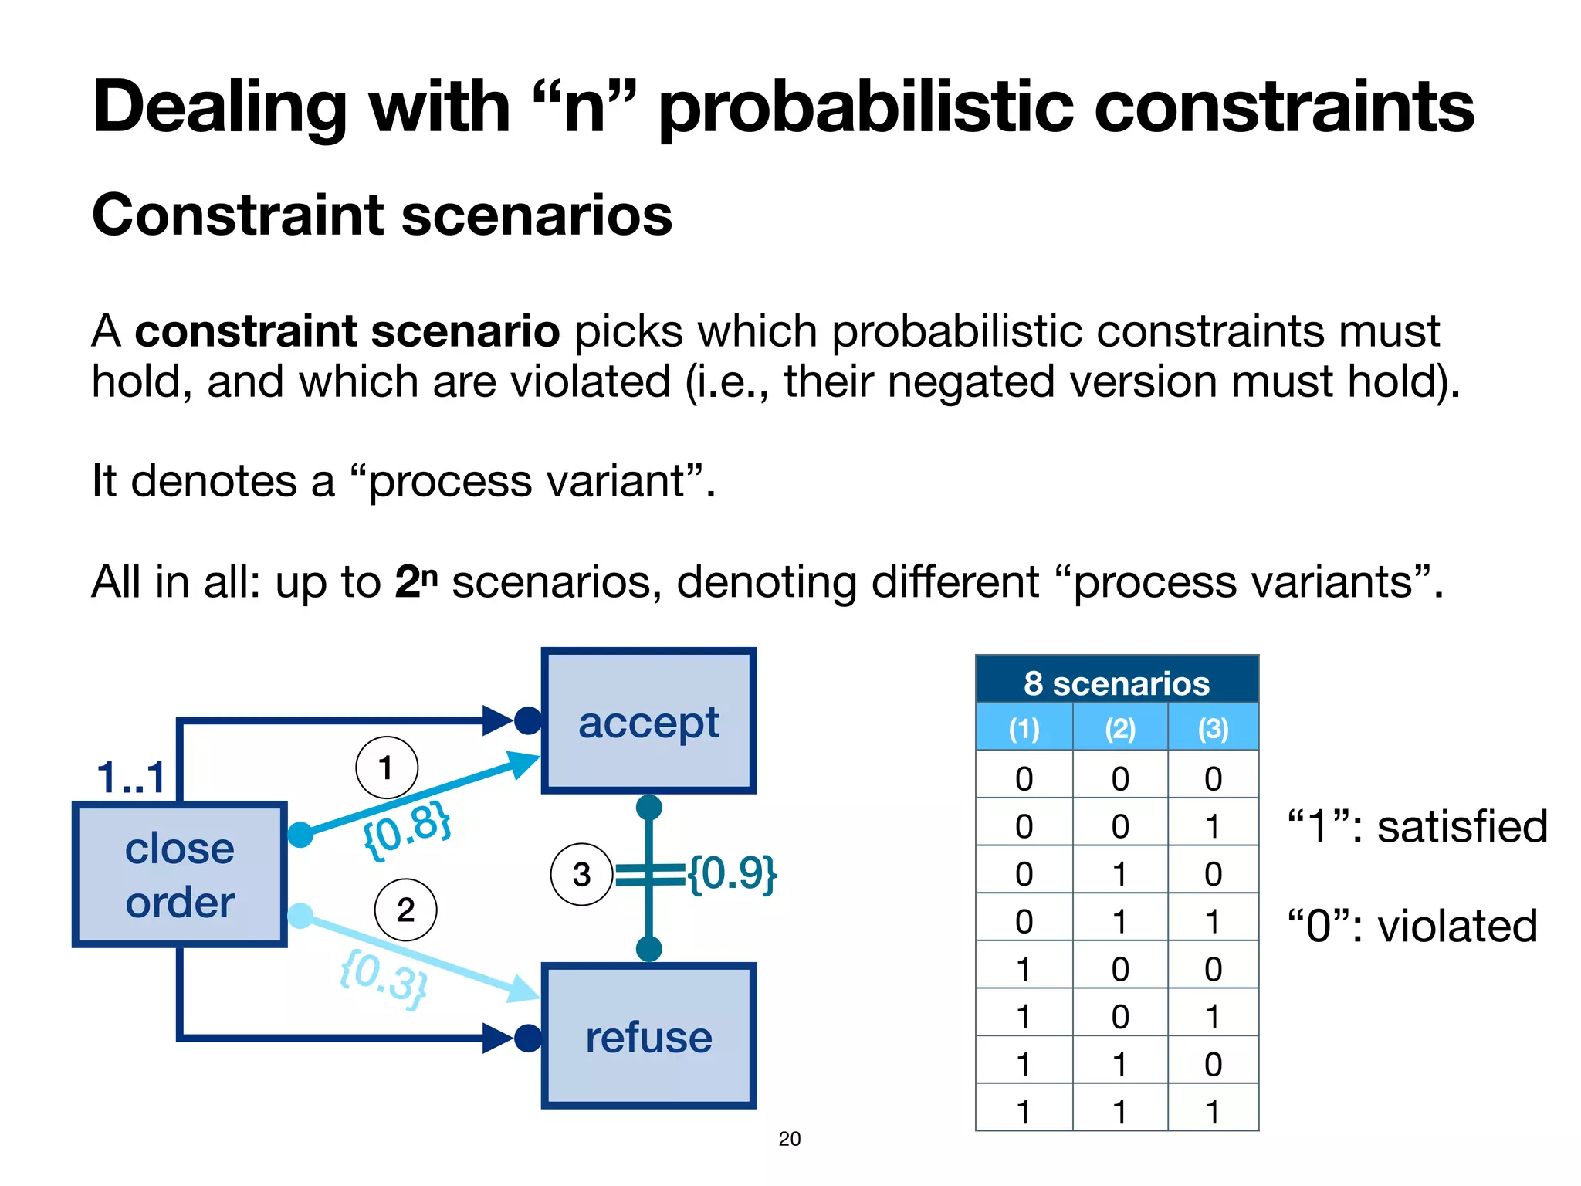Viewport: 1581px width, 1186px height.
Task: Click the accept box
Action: (x=648, y=721)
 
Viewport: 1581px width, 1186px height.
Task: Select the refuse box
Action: (x=648, y=1036)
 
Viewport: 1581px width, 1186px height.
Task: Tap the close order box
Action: (x=180, y=875)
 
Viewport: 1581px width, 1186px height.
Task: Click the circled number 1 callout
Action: (x=386, y=768)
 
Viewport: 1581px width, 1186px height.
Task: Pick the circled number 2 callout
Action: (x=405, y=910)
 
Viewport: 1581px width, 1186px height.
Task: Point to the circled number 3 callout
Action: (x=581, y=874)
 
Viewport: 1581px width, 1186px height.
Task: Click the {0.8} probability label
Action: (x=407, y=830)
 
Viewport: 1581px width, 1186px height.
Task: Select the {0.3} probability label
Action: (x=384, y=979)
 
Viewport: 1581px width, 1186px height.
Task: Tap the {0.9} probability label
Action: (x=732, y=873)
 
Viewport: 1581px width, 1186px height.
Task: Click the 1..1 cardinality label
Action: (x=131, y=777)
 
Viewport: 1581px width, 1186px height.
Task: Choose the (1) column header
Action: (x=1024, y=728)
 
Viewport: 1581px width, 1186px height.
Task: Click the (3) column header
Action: (x=1213, y=728)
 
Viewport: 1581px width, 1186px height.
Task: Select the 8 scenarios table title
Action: (x=1116, y=683)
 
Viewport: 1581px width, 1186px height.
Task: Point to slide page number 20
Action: (x=789, y=1139)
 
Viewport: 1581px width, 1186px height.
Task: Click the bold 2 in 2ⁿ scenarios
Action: (x=407, y=582)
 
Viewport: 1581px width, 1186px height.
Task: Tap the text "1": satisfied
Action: (x=1417, y=826)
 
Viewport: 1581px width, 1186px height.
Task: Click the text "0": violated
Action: (x=1412, y=926)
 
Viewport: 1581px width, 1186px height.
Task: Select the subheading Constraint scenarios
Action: (x=382, y=215)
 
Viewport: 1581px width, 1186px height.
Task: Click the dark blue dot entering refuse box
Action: (x=528, y=1038)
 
